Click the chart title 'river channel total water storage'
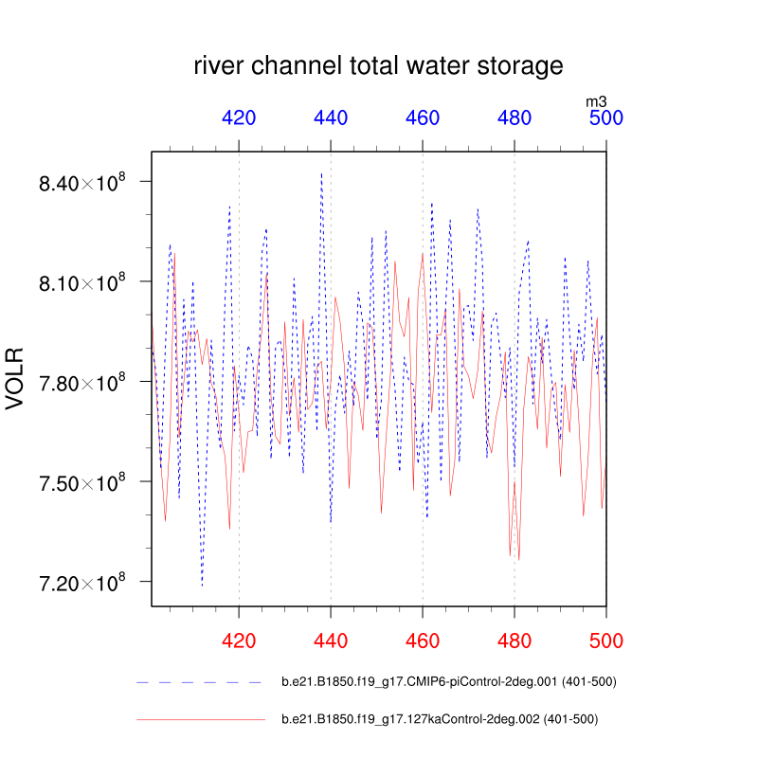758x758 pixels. (379, 66)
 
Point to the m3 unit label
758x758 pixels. (596, 100)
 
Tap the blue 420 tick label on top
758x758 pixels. (239, 118)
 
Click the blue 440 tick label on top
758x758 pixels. (331, 118)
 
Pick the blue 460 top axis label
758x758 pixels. (423, 118)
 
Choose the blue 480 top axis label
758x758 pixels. (514, 118)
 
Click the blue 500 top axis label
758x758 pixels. (606, 118)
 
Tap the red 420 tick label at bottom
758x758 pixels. (239, 641)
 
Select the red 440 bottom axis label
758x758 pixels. (331, 641)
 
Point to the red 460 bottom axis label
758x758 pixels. (423, 641)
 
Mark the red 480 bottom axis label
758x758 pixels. (514, 641)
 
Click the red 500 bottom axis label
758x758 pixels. (606, 641)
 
